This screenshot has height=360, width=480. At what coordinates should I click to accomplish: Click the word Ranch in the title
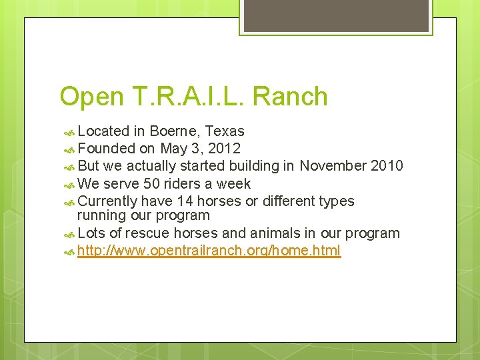coord(291,97)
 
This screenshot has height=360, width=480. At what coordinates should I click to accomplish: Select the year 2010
coord(387,166)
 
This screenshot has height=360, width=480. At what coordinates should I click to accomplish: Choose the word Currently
coord(107,201)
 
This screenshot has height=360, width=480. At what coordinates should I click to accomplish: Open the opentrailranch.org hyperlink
coord(209,251)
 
